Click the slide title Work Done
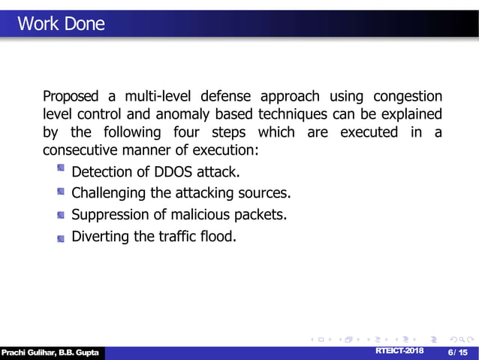coord(61,24)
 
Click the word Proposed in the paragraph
coord(69,98)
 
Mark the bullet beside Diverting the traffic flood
coord(61,237)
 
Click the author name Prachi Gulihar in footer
coord(27,353)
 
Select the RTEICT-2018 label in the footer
coord(399,352)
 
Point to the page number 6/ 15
coord(457,352)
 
